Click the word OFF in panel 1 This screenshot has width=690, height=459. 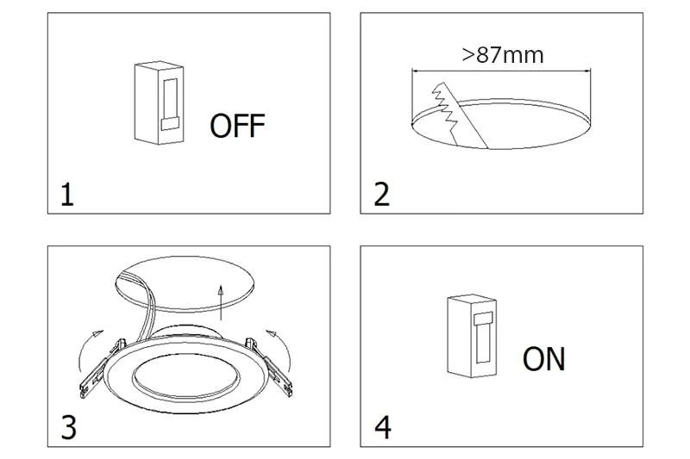click(238, 126)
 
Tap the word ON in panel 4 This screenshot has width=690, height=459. click(544, 359)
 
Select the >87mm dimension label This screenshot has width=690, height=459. click(503, 55)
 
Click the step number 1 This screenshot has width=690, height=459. click(67, 195)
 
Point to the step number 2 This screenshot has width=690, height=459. click(381, 195)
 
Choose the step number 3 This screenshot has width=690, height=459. click(68, 427)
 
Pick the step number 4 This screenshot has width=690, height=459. click(382, 427)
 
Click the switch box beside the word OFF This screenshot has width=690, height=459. click(159, 102)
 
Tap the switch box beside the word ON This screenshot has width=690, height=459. click(472, 336)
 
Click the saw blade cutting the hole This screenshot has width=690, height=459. click(458, 116)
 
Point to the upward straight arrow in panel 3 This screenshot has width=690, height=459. click(221, 302)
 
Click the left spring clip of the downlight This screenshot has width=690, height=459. click(101, 368)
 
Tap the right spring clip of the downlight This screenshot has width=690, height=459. click(269, 367)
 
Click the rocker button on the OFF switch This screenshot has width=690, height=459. click(170, 124)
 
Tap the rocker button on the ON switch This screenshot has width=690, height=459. click(483, 318)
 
